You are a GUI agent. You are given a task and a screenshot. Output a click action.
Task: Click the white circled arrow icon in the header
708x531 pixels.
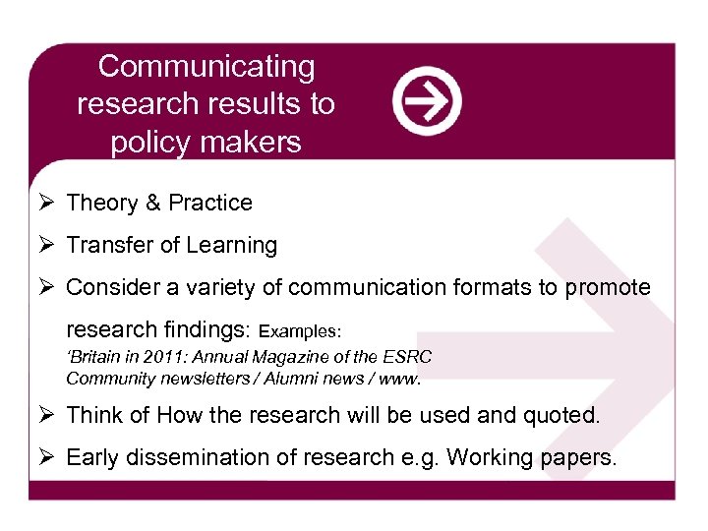click(427, 101)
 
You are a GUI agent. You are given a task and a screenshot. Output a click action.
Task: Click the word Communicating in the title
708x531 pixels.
click(206, 67)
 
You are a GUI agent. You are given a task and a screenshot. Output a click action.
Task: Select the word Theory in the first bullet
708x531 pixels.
click(101, 203)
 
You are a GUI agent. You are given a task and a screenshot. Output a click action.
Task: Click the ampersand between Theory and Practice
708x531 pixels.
click(152, 203)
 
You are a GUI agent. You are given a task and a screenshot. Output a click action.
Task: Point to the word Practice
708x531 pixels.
click(209, 203)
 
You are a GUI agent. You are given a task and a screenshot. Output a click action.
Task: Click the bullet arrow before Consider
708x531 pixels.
click(45, 287)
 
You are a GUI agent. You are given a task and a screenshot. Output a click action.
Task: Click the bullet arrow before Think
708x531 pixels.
click(45, 415)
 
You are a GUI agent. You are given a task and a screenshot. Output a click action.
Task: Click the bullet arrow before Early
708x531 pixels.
click(45, 457)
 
